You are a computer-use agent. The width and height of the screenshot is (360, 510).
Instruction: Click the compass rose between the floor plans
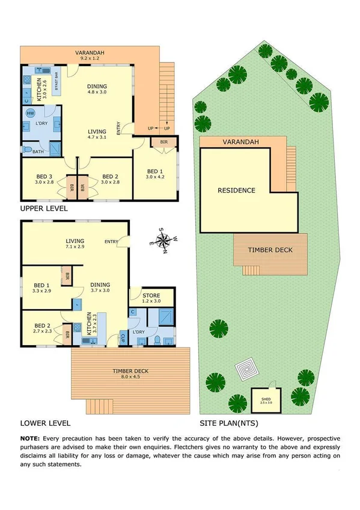(163, 242)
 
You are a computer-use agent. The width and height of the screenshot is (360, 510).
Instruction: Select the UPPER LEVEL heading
(44, 209)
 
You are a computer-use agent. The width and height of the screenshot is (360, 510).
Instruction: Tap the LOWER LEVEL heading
(45, 423)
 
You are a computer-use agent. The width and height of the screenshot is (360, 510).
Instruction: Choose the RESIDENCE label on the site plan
(237, 191)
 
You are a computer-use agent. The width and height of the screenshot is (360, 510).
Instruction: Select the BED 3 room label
(45, 177)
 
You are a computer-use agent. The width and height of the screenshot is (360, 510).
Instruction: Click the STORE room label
(151, 295)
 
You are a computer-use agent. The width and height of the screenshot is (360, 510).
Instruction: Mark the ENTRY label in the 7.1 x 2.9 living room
(111, 242)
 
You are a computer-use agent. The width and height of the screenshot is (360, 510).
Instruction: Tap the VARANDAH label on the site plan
(241, 142)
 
